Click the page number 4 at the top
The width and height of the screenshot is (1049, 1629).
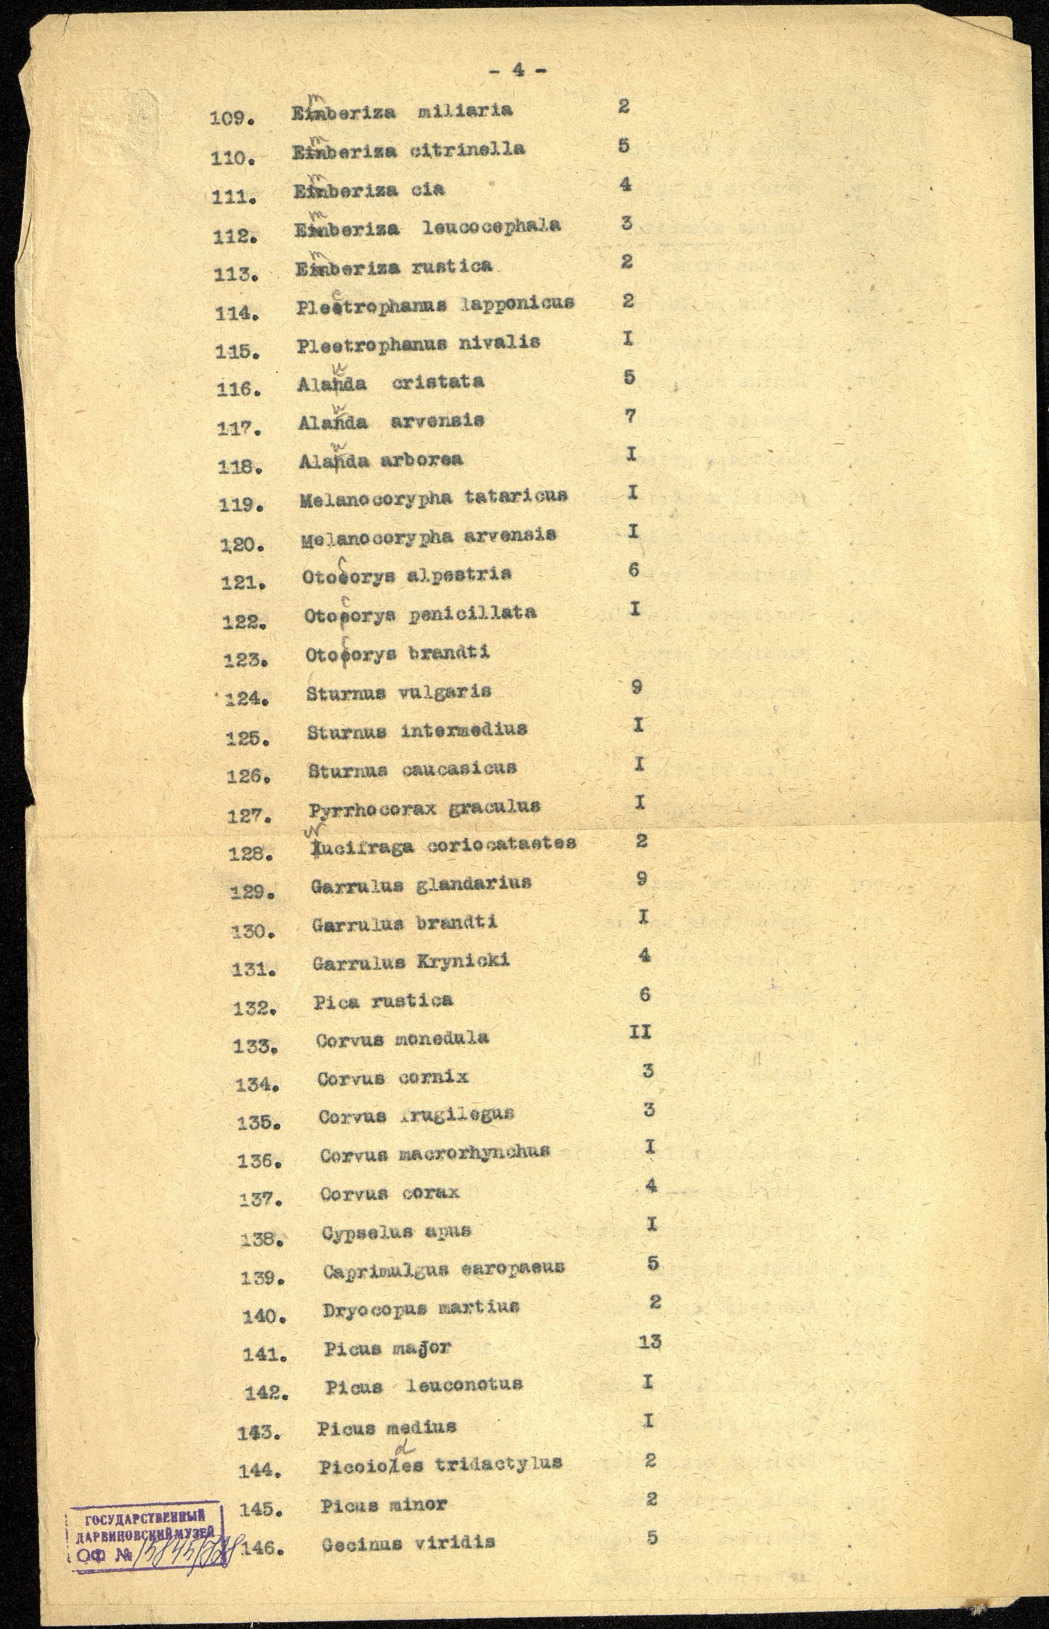pyautogui.click(x=519, y=71)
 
